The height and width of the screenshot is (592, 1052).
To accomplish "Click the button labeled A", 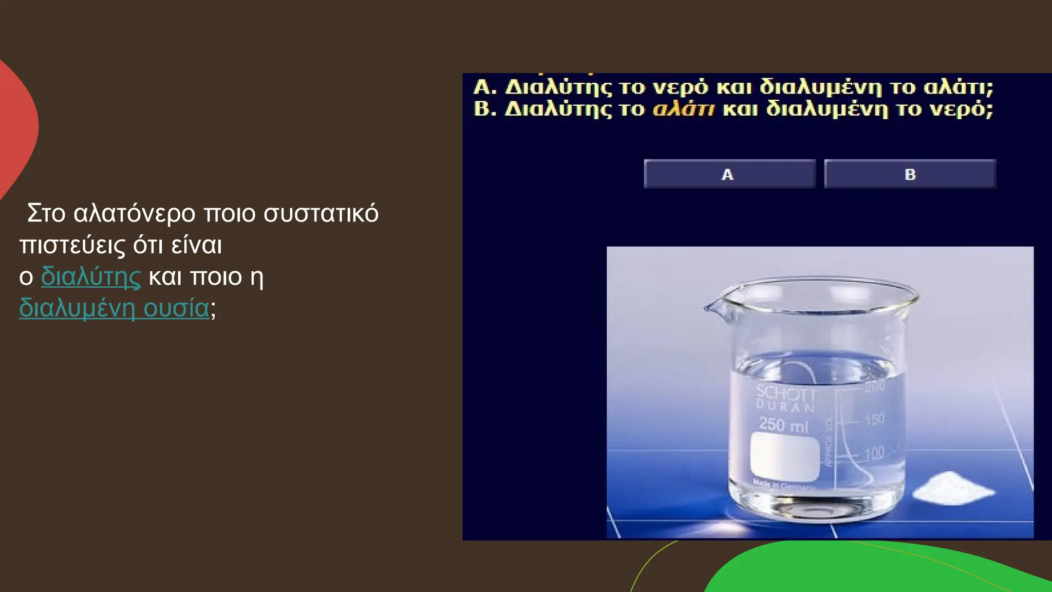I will pos(729,174).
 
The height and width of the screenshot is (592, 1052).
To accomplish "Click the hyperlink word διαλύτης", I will pos(90,276).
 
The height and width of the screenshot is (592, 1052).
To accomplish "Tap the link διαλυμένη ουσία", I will pos(114,308).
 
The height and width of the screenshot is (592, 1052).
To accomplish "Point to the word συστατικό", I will pos(321,213).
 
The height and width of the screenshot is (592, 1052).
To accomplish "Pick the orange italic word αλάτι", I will pos(683,109).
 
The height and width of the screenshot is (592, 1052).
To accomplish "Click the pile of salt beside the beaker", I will pos(954,488).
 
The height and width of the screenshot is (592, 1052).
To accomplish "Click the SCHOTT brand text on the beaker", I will pos(785,394).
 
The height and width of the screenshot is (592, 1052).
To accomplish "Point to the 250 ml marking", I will pos(784,425).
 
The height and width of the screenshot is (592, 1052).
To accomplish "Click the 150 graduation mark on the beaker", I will pos(875,420).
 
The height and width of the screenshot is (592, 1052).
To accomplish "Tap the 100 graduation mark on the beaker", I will pos(874,453).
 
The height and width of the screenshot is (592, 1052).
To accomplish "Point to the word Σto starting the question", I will pos(46,213).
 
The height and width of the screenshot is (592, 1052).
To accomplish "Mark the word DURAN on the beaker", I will pos(785,406).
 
